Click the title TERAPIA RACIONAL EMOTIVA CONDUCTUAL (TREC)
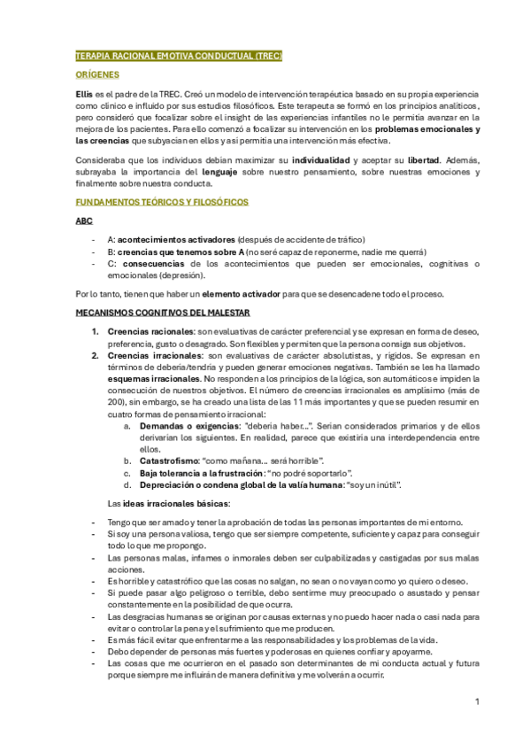tap(179, 56)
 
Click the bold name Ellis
tap(85, 94)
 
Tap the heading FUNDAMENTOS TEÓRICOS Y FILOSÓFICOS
tap(162, 203)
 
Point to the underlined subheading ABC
tap(83, 221)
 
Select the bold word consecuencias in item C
tap(153, 263)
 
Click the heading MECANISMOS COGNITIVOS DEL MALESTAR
tap(163, 313)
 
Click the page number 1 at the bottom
tap(477, 702)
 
